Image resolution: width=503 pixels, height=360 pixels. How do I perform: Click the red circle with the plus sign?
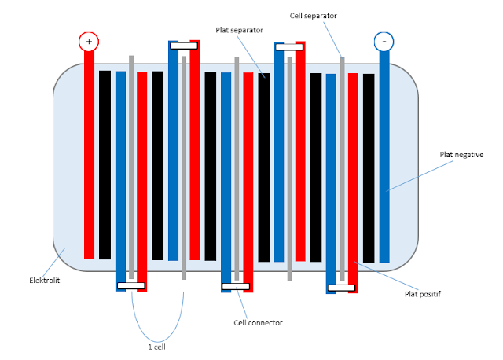[89, 41]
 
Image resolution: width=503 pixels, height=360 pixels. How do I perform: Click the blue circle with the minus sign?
[384, 41]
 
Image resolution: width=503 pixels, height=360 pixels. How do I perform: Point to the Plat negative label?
[462, 155]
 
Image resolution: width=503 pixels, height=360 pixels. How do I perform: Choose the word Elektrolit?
[46, 280]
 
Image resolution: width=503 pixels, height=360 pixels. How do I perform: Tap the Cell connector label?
[258, 322]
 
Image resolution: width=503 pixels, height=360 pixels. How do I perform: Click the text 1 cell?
[156, 346]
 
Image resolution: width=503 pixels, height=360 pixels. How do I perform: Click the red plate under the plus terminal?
[89, 157]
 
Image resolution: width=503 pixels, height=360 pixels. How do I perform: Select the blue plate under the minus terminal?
[384, 157]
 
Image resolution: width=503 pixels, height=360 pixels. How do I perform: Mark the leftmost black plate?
[105, 165]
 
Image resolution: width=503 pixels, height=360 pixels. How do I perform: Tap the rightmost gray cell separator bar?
[342, 165]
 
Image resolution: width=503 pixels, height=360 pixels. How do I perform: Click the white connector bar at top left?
[183, 46]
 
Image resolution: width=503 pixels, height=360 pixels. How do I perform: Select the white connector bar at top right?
[289, 47]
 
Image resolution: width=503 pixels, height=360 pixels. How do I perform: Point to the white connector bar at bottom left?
[130, 285]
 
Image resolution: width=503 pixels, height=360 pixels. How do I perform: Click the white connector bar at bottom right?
[342, 287]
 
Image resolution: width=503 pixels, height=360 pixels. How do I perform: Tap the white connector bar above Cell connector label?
[237, 286]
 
